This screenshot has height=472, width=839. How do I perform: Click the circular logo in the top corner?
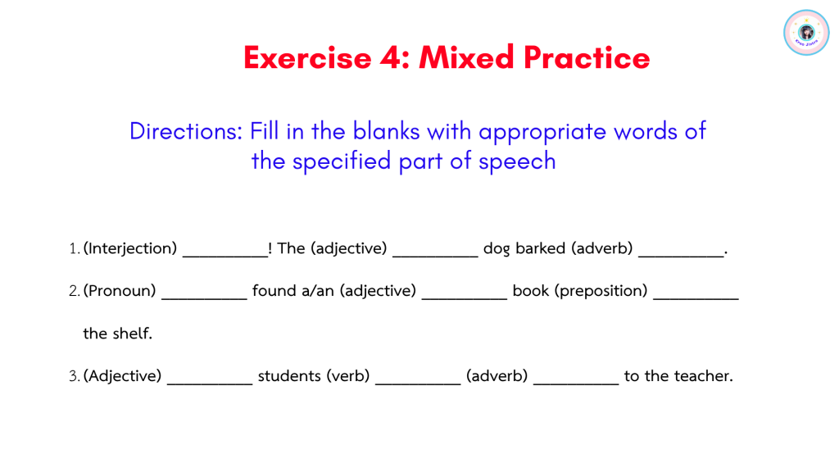[806, 33]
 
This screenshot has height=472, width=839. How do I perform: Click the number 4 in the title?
[390, 57]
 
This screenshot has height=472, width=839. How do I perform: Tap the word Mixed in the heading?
[466, 57]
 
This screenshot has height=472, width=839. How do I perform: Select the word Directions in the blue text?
[186, 131]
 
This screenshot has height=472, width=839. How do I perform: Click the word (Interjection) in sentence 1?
[130, 248]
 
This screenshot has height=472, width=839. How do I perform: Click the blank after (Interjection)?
[225, 256]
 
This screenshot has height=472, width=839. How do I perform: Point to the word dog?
[497, 249]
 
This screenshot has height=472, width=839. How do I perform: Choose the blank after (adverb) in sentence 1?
[681, 256]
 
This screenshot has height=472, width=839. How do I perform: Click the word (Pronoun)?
[120, 291]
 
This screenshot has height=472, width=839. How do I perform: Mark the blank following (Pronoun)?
[204, 298]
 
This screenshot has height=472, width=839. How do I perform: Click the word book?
[531, 291]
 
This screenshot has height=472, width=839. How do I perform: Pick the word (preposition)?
[601, 291]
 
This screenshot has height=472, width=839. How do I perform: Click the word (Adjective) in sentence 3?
[122, 375]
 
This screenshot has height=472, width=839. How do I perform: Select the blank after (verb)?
[418, 383]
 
